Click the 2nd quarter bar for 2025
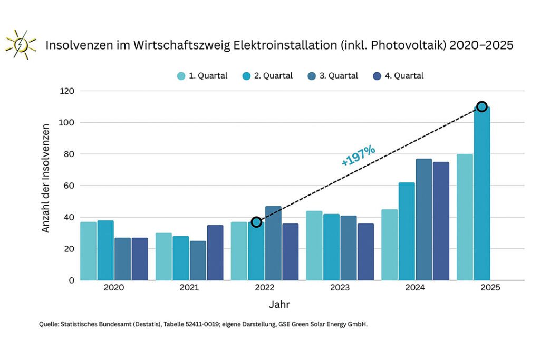pyautogui.click(x=482, y=195)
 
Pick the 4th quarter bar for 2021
pyautogui.click(x=215, y=252)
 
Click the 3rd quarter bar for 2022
pyautogui.click(x=273, y=243)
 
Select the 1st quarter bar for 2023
pyautogui.click(x=314, y=246)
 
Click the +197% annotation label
pyautogui.click(x=359, y=156)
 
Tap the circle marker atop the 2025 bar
pyautogui.click(x=481, y=107)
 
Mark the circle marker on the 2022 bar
pyautogui.click(x=256, y=222)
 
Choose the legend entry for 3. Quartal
pyautogui.click(x=333, y=76)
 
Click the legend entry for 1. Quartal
pyautogui.click(x=202, y=76)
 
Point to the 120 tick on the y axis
pyautogui.click(x=67, y=91)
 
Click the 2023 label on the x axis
pyautogui.click(x=340, y=288)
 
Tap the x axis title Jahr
pyautogui.click(x=279, y=305)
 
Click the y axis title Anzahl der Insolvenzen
pyautogui.click(x=46, y=178)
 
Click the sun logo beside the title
pyautogui.click(x=20, y=44)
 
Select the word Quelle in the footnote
pyautogui.click(x=49, y=325)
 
